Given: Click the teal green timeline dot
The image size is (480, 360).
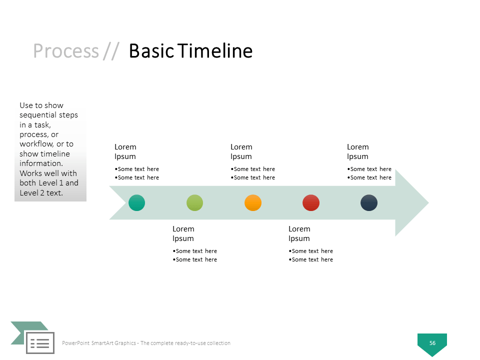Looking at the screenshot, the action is pos(136,202).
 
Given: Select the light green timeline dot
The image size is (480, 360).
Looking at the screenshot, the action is pos(194,202).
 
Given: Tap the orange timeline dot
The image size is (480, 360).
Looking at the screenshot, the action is pos(253,202).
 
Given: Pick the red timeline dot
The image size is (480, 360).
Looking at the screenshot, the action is pos(311,202).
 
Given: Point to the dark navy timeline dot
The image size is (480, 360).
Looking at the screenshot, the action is pos(369,202).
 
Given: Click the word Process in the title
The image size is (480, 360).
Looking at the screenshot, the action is pos(66,51).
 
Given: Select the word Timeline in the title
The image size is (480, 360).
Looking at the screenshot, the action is pos(215,50).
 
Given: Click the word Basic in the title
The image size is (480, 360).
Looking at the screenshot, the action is pos(151,50).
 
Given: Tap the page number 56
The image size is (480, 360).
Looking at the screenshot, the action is pos(432,343).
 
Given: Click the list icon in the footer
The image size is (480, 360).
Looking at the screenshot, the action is pos(40,343).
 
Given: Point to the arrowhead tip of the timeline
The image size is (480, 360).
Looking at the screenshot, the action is pos(429,202).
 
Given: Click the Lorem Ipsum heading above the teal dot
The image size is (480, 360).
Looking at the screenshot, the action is pos(125,152).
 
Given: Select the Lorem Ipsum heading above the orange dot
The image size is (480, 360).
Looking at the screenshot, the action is pos(241,152).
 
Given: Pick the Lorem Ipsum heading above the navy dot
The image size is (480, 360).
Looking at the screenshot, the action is pos(358,152).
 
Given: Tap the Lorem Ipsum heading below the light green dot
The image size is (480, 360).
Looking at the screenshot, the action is pos(183,234).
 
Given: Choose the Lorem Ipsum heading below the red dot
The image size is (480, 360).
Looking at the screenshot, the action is pos(299,234).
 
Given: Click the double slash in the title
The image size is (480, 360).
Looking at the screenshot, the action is pos(111,51).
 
